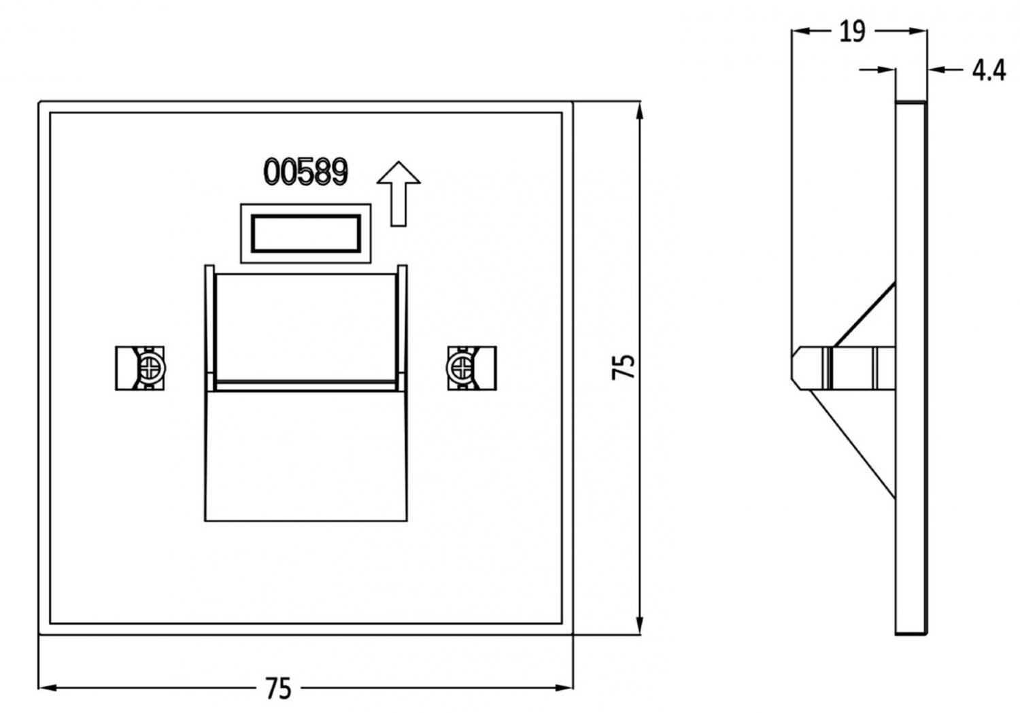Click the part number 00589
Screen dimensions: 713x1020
(305, 172)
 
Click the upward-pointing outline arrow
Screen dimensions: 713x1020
(398, 194)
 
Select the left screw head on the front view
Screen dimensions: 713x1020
(149, 368)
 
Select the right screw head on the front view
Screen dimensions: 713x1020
(461, 368)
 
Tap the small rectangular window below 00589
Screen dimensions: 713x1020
(306, 233)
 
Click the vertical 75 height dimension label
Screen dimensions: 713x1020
(624, 366)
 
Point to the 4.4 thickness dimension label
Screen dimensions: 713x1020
(987, 70)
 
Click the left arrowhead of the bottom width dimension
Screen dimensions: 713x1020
(48, 688)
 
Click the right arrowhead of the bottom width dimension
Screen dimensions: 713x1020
(565, 688)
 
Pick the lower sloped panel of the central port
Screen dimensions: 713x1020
(305, 455)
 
